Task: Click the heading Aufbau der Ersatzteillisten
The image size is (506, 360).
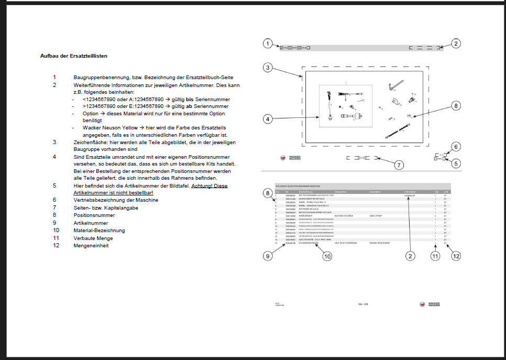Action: click(x=74, y=56)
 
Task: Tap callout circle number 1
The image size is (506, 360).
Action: click(x=268, y=43)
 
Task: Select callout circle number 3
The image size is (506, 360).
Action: click(x=268, y=68)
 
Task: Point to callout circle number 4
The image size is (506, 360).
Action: click(x=268, y=119)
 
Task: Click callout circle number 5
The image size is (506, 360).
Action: click(x=456, y=163)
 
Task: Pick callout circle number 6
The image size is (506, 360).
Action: click(x=456, y=147)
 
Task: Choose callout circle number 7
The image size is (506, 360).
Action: click(x=399, y=165)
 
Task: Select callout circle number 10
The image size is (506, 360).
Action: click(x=327, y=256)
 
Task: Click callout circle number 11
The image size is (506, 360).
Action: click(x=435, y=256)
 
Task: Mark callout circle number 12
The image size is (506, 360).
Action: click(x=456, y=256)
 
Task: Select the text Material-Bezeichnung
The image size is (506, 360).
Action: click(x=99, y=230)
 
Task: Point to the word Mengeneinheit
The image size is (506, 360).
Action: click(x=91, y=246)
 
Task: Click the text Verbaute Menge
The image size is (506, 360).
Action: click(x=93, y=238)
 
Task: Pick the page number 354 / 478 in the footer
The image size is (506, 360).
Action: click(x=363, y=304)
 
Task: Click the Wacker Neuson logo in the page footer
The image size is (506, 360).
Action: click(x=430, y=304)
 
